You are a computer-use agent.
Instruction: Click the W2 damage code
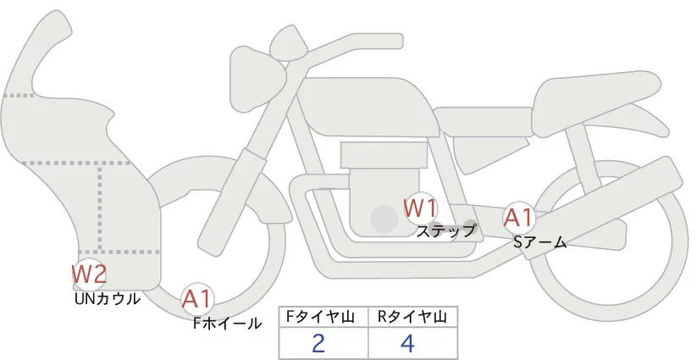click(89, 274)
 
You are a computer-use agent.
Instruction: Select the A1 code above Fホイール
click(198, 298)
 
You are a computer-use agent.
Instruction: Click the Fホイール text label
click(227, 323)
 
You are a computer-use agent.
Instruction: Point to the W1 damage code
click(420, 207)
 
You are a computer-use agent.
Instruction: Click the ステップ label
click(446, 230)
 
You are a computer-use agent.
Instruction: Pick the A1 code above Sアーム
click(518, 218)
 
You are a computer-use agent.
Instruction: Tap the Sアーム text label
click(539, 242)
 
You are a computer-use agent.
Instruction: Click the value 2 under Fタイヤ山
click(318, 344)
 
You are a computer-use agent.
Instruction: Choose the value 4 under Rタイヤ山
click(407, 344)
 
